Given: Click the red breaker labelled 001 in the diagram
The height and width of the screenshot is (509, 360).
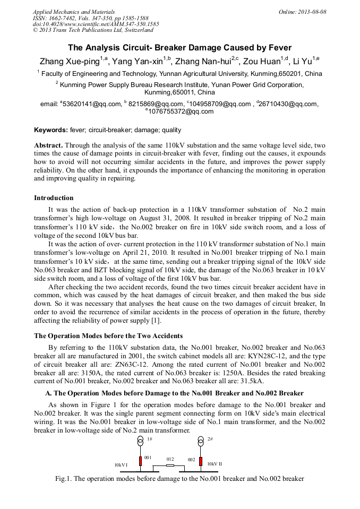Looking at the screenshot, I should (141, 461).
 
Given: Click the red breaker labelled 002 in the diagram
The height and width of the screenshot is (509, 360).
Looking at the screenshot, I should (201, 461).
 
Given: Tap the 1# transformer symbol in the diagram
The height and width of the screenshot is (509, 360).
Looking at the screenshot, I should (141, 442).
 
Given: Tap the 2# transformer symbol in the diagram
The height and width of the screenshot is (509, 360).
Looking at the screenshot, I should (201, 442).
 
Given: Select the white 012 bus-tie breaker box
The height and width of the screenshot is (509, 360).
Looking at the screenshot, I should (170, 465).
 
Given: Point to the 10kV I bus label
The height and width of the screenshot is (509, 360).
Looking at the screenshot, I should (121, 465).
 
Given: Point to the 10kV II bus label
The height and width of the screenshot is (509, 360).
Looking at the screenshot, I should (215, 464).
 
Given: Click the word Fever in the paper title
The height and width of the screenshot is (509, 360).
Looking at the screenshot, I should (278, 47).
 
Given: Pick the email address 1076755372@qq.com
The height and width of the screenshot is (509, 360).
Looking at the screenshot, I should (181, 111).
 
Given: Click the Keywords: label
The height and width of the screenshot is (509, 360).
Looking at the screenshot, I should (51, 130).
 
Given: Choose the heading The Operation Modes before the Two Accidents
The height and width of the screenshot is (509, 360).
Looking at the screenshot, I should (108, 335).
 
